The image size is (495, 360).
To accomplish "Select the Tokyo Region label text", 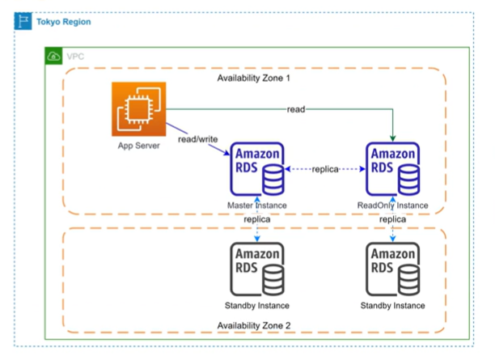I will [x=64, y=21].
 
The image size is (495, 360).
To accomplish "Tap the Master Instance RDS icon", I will [x=257, y=169].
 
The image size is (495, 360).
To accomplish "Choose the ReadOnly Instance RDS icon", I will [x=393, y=169].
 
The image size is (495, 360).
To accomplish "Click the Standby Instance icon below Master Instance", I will [x=257, y=270].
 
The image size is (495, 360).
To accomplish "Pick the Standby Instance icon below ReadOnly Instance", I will [x=393, y=270].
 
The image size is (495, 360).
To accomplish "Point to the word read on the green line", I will [x=296, y=109].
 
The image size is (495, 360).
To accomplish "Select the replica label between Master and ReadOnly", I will [x=324, y=169].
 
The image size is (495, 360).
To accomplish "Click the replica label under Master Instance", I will [x=256, y=219].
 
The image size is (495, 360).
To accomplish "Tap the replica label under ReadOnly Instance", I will [x=393, y=219].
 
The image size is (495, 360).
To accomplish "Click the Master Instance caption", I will [x=256, y=205].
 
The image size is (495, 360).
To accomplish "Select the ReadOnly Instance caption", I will [x=393, y=205].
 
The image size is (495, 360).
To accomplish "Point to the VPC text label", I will [x=75, y=57].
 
